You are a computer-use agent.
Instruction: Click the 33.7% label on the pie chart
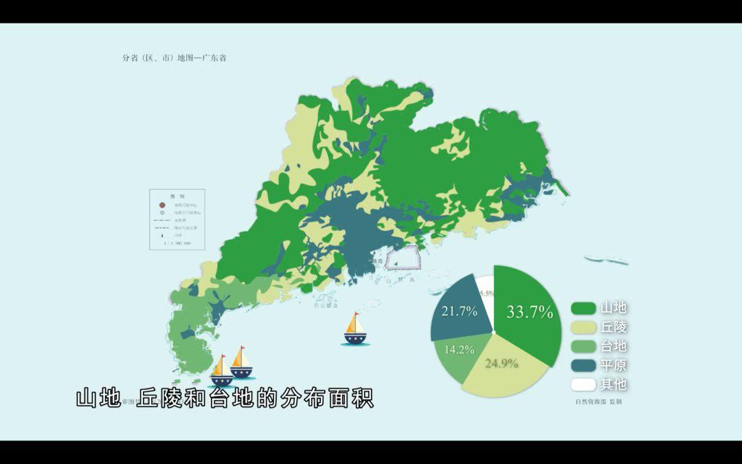click(x=530, y=312)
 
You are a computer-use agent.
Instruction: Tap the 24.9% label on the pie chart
click(x=502, y=364)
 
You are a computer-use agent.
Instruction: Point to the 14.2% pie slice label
click(x=459, y=349)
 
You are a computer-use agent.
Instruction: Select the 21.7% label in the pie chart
click(x=460, y=311)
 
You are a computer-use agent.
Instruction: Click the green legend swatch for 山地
click(x=583, y=308)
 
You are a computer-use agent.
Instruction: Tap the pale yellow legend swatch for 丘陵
click(x=583, y=327)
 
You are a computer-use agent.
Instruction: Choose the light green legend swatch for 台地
click(x=583, y=346)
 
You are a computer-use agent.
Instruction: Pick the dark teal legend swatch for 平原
click(x=583, y=366)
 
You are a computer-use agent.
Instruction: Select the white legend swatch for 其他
click(x=583, y=385)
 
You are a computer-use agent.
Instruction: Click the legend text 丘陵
click(x=614, y=327)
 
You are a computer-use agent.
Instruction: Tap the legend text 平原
click(x=614, y=366)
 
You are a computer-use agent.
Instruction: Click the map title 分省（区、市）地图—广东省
click(x=174, y=58)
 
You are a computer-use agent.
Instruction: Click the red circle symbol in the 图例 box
click(x=161, y=205)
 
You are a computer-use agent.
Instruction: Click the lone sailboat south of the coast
click(x=355, y=329)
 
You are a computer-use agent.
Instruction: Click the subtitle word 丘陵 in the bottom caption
click(x=160, y=399)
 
